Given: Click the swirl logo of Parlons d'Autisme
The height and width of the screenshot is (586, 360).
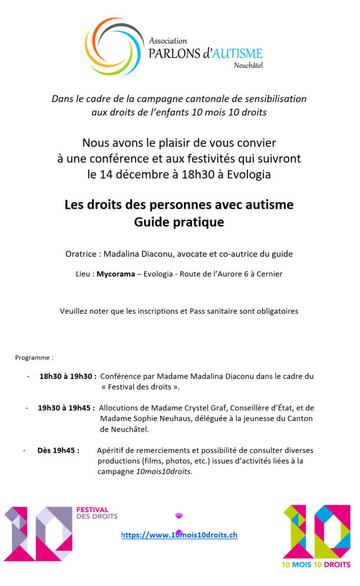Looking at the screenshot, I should [114, 45].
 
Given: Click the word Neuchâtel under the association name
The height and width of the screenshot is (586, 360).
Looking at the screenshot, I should [248, 64].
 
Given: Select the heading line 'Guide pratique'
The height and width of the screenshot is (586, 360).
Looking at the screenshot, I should [179, 222].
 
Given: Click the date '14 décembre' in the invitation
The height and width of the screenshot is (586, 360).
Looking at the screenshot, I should [133, 174].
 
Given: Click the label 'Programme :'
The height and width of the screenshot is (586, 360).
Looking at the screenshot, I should [34, 357].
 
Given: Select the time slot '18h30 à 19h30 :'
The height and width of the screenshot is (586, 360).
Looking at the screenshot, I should [68, 376].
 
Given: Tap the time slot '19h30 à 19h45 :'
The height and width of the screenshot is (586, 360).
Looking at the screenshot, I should [66, 407].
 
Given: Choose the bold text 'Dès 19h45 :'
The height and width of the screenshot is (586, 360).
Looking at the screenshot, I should [58, 450].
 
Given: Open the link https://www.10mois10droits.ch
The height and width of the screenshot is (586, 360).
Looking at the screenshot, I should [179, 535].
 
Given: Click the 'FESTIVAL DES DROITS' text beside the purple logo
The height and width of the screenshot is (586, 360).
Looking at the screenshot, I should [97, 513].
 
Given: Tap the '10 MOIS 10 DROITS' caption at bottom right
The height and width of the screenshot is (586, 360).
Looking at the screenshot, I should [315, 564].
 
